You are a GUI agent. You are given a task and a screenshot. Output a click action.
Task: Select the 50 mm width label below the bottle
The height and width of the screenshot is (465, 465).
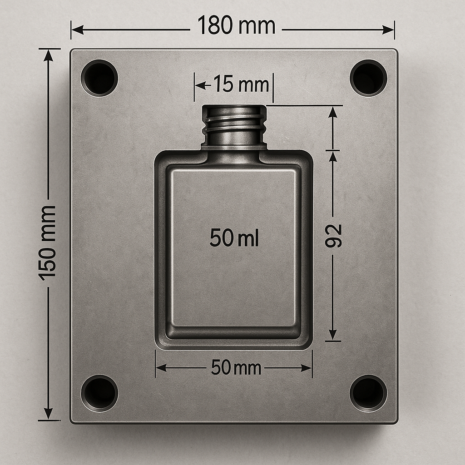click(236, 368)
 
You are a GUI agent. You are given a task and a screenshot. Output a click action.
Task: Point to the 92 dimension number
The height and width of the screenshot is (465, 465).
click(334, 236)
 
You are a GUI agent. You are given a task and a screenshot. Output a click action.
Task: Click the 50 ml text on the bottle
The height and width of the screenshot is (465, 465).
click(234, 238)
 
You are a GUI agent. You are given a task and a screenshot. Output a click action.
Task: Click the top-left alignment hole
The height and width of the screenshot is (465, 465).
click(99, 78)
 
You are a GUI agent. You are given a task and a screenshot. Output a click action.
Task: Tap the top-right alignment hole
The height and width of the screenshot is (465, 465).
click(368, 78)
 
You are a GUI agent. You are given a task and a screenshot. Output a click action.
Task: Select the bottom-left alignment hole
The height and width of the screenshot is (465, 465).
click(99, 393)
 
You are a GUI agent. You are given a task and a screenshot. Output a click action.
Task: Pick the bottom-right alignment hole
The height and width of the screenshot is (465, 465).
click(368, 393)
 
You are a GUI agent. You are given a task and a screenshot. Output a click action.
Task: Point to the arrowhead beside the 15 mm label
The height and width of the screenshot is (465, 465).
click(200, 85)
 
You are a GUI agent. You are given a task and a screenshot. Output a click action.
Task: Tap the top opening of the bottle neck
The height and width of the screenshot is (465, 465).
click(234, 109)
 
